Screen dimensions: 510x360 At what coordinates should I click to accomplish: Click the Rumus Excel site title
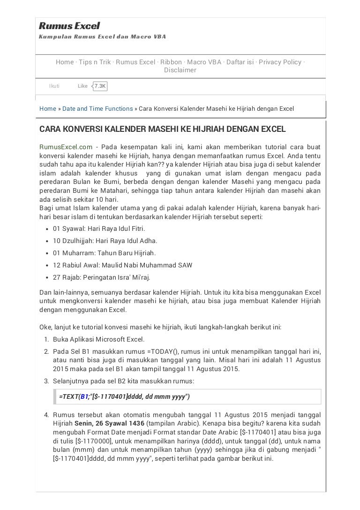click(69, 26)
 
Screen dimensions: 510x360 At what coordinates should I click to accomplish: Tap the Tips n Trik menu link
click(95, 62)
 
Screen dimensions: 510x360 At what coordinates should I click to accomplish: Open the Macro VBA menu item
click(204, 62)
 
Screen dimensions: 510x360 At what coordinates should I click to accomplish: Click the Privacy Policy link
click(280, 62)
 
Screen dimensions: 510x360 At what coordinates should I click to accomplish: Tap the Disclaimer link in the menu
click(180, 70)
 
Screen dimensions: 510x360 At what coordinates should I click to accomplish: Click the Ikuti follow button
click(54, 86)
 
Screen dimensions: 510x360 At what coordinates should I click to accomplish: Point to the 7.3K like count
click(100, 86)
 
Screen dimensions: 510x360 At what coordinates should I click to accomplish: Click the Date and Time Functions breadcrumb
click(97, 109)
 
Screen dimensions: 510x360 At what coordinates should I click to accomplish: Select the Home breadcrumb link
click(48, 109)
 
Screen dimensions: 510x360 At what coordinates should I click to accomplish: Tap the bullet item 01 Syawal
click(98, 228)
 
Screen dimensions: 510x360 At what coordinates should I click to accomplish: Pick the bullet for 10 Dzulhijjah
click(105, 241)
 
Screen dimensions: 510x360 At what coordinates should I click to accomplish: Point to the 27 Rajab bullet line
click(101, 277)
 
